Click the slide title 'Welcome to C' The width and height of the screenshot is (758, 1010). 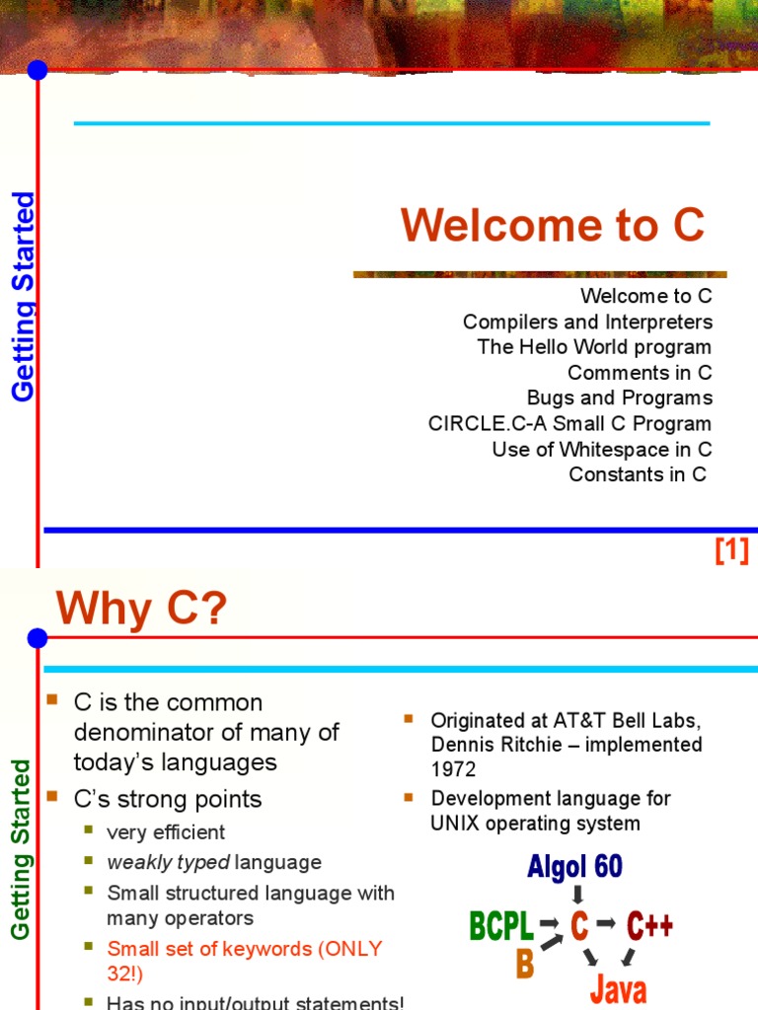(553, 226)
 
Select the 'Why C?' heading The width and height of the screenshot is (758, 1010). (141, 609)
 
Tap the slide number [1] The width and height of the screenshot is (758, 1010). (731, 550)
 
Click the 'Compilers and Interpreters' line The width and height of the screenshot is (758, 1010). (587, 323)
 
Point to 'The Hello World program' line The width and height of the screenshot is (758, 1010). (594, 347)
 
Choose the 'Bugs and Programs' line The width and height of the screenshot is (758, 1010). (619, 398)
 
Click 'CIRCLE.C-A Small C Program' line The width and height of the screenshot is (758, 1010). (569, 424)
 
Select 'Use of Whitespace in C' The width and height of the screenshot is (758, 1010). (602, 450)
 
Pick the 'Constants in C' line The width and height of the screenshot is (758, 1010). (638, 474)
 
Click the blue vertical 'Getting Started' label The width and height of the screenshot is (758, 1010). (23, 297)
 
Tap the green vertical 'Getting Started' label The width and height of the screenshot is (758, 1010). (21, 848)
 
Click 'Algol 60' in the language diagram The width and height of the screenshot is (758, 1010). (575, 867)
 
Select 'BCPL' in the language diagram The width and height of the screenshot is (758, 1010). (500, 926)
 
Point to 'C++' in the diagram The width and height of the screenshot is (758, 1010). (649, 926)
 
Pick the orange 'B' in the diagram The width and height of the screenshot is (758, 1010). (524, 964)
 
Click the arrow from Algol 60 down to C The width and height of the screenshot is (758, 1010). (578, 895)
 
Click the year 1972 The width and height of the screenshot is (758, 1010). (453, 768)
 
